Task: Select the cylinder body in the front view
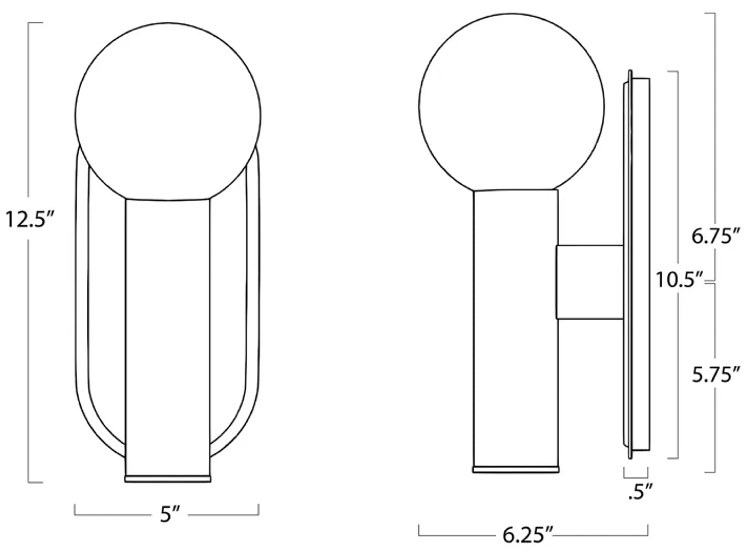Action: [x=168, y=334]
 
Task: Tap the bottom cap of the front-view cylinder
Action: [x=168, y=479]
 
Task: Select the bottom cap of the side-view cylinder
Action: [x=516, y=470]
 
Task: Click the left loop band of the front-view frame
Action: [x=82, y=301]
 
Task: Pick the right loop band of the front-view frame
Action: [x=253, y=301]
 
